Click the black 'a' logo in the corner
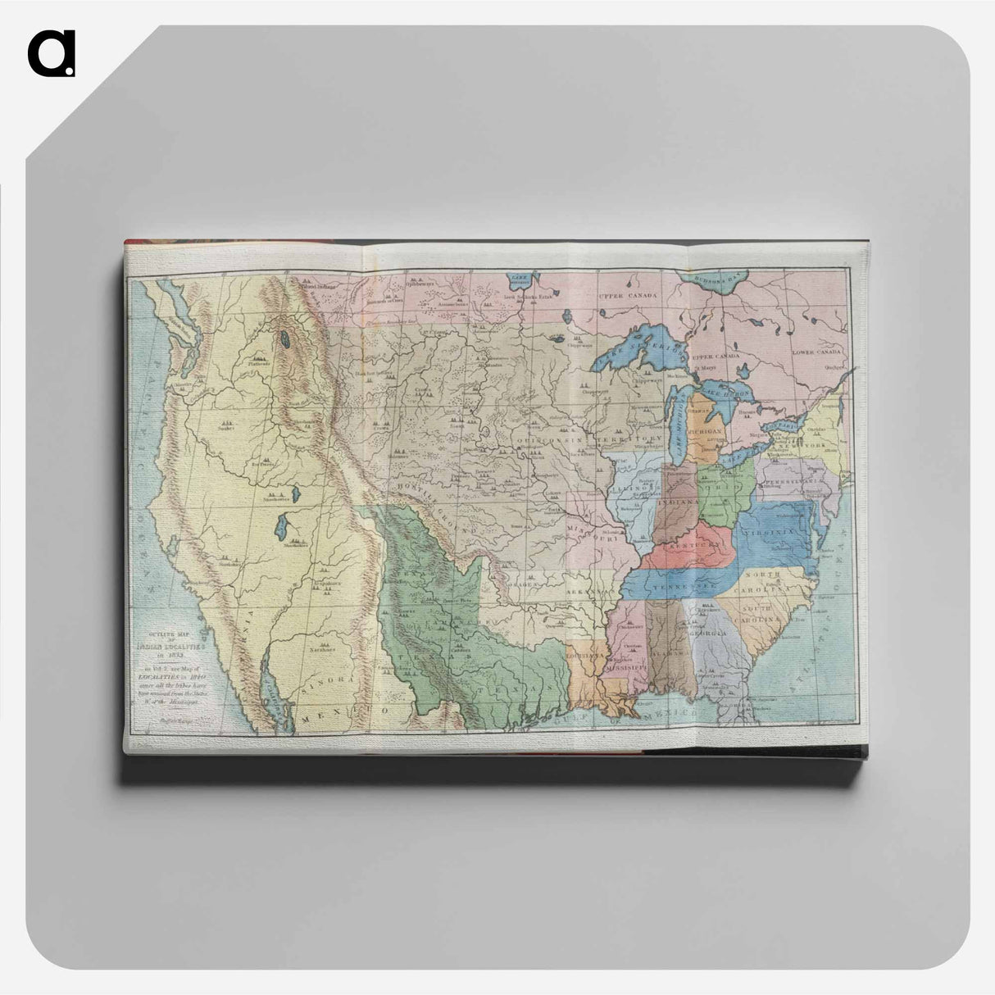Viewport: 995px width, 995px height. point(51,53)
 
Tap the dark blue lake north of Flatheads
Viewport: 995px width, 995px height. point(284,338)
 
